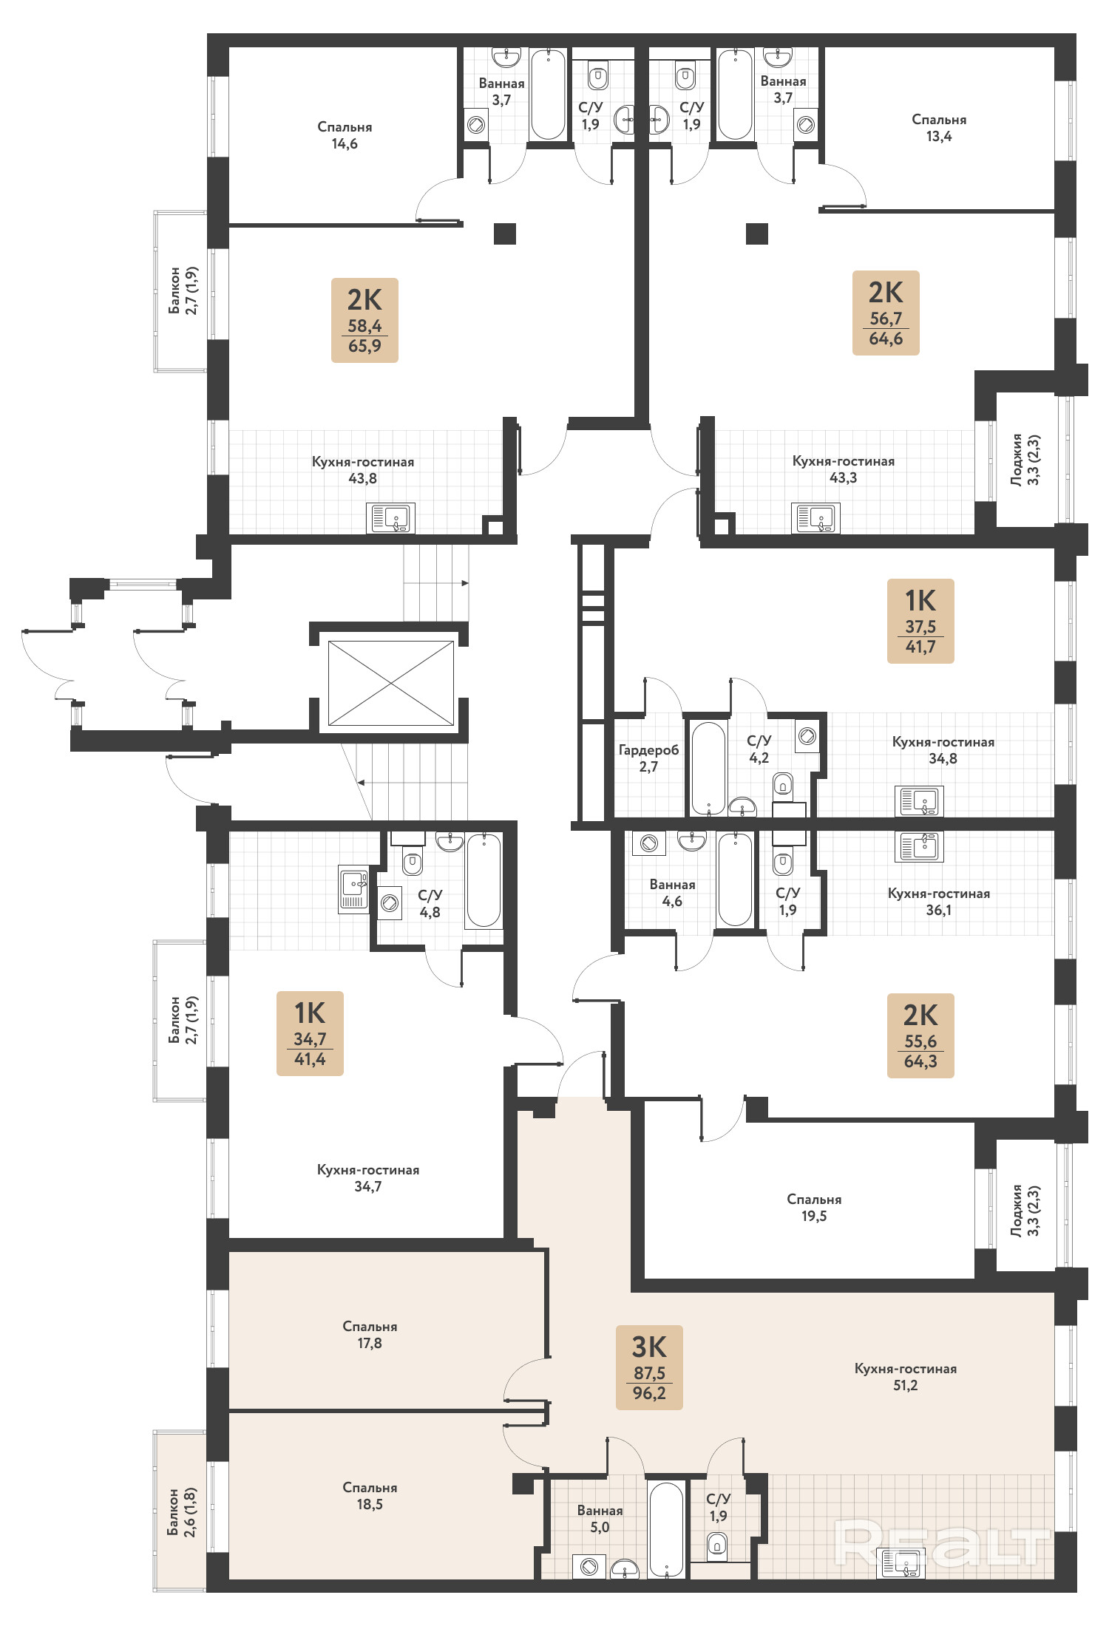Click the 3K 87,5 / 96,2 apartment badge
click(x=649, y=1367)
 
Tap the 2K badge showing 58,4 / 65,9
click(x=364, y=320)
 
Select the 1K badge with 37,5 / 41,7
click(x=920, y=621)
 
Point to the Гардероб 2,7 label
click(x=648, y=758)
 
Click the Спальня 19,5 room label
click(x=814, y=1207)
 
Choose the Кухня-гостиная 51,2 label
click(x=906, y=1377)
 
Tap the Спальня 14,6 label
click(x=345, y=135)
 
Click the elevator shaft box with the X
click(x=390, y=684)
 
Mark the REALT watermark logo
click(x=942, y=1543)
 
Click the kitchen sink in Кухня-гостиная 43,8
click(x=390, y=518)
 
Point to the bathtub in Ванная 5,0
click(x=666, y=1529)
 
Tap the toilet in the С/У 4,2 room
click(x=783, y=784)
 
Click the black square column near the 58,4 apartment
click(x=505, y=234)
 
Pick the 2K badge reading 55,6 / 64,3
click(x=920, y=1035)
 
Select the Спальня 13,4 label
click(x=939, y=128)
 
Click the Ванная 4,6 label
click(x=672, y=893)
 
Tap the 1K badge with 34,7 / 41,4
click(x=310, y=1033)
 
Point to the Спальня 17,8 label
click(x=370, y=1335)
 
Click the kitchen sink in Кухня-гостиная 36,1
click(x=919, y=846)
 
